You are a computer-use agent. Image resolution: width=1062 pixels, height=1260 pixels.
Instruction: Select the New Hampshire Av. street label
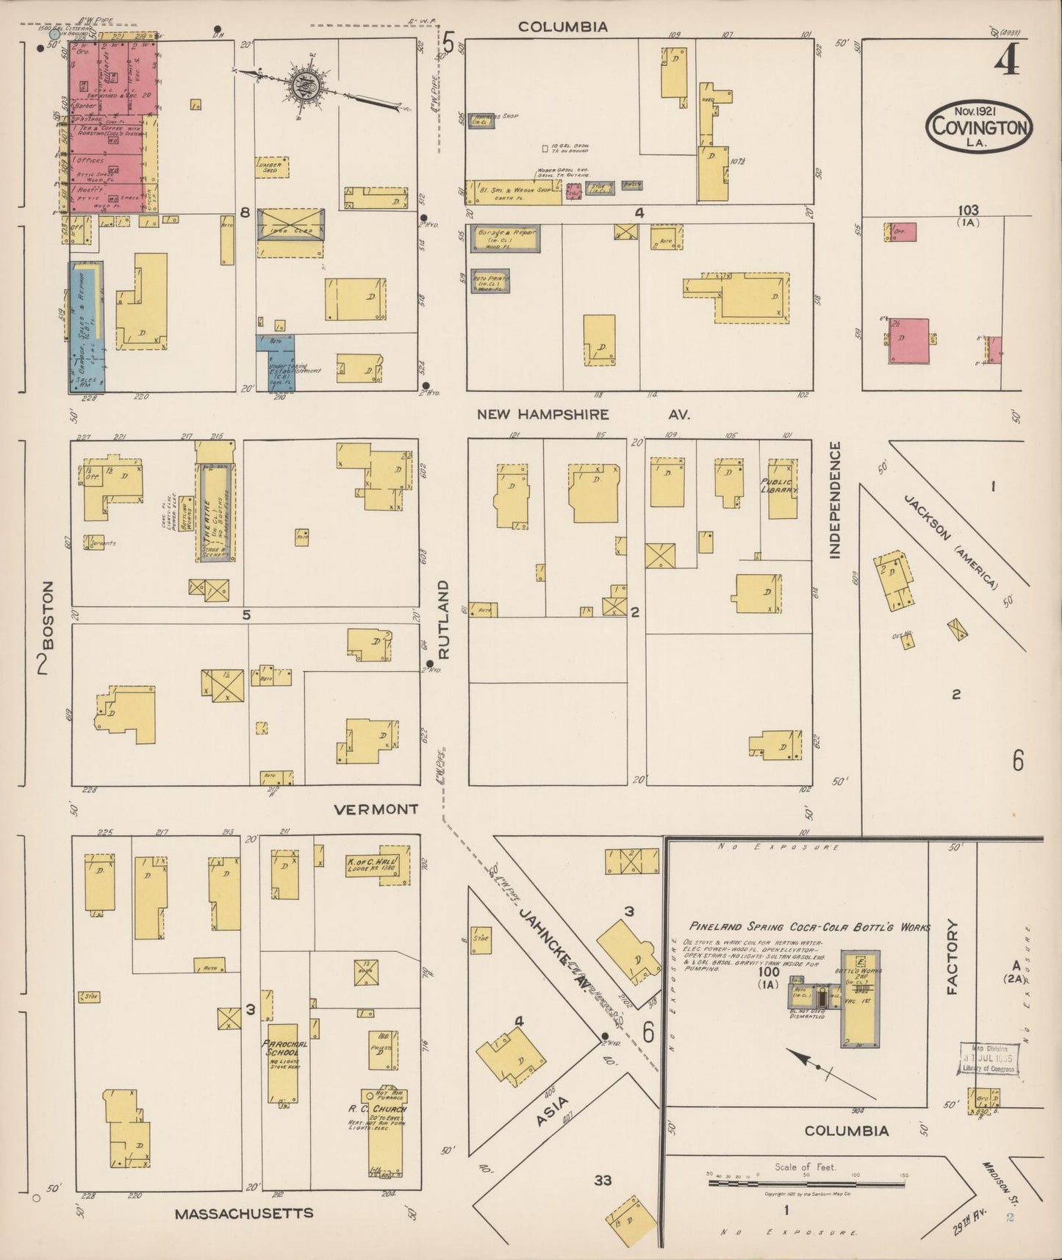point(583,415)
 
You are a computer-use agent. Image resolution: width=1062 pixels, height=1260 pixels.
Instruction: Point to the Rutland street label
point(444,619)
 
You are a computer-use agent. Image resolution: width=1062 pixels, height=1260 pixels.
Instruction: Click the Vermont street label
point(376,809)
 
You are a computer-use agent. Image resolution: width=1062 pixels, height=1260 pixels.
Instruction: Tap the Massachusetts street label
point(244,1214)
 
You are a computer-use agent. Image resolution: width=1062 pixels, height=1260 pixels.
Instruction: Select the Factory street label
point(952,956)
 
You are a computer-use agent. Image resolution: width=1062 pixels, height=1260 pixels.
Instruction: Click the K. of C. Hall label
point(371,865)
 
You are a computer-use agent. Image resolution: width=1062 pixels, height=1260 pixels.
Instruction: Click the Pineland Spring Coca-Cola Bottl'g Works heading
point(808,927)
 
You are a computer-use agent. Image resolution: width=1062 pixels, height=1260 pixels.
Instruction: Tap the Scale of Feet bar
point(806,1184)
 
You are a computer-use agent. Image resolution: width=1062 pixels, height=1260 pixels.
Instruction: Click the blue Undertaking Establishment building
point(276,362)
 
